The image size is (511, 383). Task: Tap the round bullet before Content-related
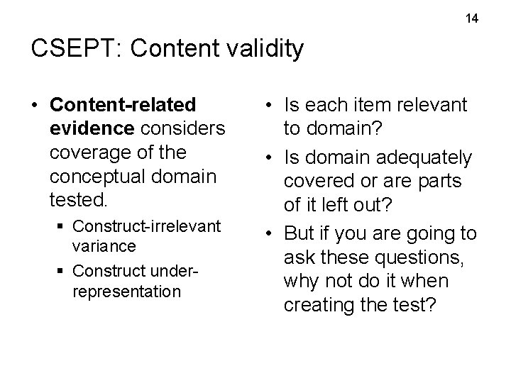pos(35,106)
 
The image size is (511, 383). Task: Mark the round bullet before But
pos(270,231)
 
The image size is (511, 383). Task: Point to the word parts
pos(439,181)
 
